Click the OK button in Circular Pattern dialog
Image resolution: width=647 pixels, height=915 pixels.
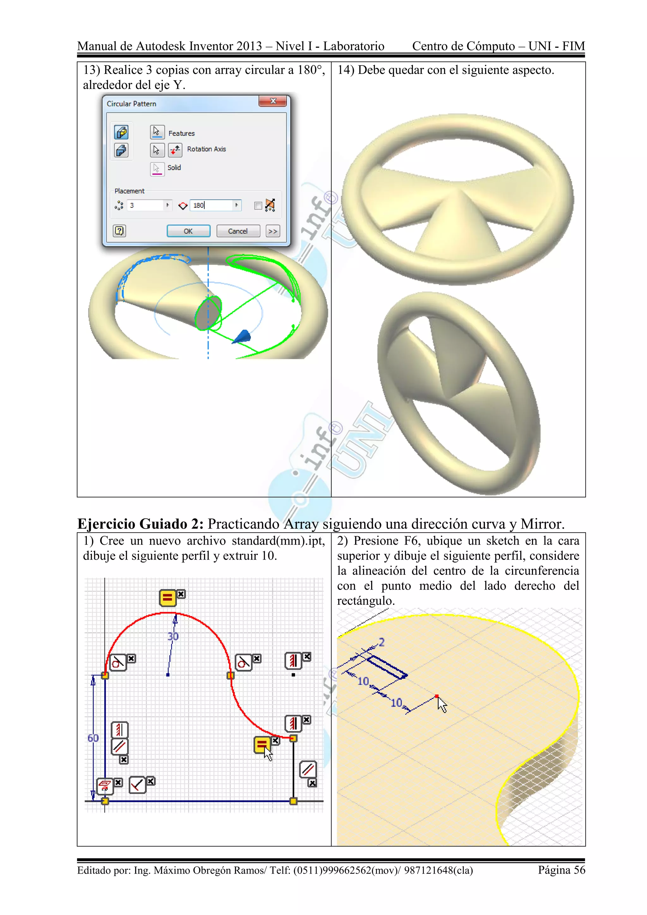188,231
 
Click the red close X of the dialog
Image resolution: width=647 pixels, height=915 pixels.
273,101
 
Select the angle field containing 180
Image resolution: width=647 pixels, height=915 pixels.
211,205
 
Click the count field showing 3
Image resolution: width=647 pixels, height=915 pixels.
145,205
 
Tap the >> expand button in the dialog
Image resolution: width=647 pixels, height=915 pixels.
273,231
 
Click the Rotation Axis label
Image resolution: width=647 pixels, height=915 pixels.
206,149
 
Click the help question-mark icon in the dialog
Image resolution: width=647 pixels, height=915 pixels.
119,231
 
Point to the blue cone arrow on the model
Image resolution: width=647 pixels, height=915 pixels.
243,337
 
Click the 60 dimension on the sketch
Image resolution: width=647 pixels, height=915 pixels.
93,738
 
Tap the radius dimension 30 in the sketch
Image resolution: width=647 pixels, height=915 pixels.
173,636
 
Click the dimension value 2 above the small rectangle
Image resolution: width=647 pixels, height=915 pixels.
382,642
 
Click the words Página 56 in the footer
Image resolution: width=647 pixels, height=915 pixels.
561,870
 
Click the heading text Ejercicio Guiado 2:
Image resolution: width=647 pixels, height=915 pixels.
140,524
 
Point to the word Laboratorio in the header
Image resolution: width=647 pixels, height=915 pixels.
354,46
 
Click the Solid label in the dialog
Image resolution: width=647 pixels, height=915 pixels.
174,168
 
